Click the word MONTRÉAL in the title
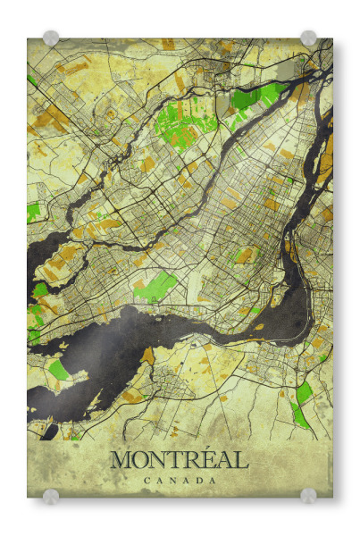coord(179,461)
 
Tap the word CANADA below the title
coord(180,481)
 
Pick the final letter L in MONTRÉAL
coord(241,461)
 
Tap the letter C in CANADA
coord(146,481)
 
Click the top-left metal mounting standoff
coord(51,38)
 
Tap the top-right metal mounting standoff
coord(308,38)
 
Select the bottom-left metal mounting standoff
coord(51,497)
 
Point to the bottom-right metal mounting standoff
coord(308,497)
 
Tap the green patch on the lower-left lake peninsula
coord(57,369)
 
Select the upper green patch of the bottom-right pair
coord(305,391)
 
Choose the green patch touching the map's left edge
coord(34,213)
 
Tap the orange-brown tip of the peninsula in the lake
coord(148,356)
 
